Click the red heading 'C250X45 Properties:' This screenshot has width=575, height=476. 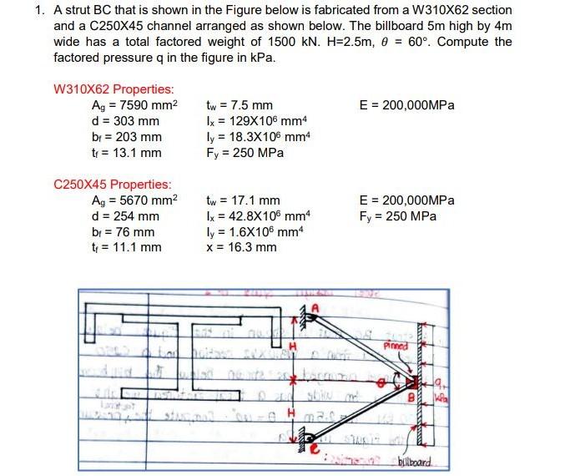point(112,184)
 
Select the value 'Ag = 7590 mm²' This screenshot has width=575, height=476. point(134,105)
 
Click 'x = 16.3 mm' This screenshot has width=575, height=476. point(241,247)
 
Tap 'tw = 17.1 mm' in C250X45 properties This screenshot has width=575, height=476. point(243,200)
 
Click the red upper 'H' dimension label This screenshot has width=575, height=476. point(293,345)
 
